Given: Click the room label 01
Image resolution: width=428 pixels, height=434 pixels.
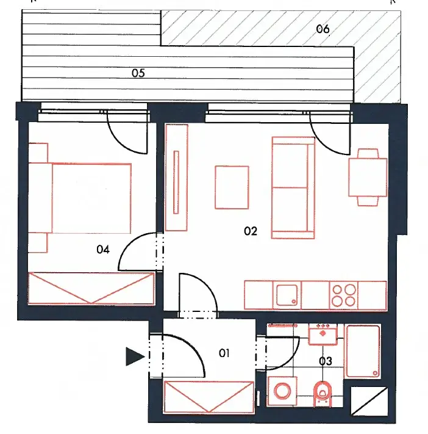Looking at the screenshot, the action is [x=224, y=353].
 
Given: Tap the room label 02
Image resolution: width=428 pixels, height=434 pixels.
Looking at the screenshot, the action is [x=251, y=231].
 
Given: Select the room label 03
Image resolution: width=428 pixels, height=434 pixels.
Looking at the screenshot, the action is [x=326, y=361].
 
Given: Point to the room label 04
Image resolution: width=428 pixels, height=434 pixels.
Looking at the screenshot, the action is [x=103, y=250].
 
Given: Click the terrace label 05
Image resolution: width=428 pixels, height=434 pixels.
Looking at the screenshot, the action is [x=138, y=73].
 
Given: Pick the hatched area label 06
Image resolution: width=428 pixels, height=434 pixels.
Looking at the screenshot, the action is [x=323, y=29].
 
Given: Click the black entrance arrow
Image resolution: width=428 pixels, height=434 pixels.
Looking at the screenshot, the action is [x=135, y=356].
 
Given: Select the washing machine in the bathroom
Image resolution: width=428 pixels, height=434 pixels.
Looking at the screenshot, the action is [x=282, y=391].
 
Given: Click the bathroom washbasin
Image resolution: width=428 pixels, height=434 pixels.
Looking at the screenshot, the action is [x=323, y=335].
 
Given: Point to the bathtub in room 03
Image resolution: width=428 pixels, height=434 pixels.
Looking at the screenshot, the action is [x=363, y=352].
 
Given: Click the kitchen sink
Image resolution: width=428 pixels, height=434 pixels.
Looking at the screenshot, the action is [x=287, y=295].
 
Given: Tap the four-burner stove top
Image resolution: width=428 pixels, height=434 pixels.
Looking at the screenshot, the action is [x=344, y=295].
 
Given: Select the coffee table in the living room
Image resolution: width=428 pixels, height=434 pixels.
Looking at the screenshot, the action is [x=232, y=187].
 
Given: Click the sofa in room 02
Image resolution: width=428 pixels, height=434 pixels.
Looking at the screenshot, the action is [x=293, y=187].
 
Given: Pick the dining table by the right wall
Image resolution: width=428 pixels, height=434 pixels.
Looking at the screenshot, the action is [x=368, y=177].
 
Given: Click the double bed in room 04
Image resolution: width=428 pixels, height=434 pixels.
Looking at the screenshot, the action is [x=80, y=198].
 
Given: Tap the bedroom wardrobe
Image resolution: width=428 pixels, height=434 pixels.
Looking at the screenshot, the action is [x=91, y=288].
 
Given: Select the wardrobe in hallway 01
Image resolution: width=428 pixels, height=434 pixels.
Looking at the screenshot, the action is [x=209, y=397].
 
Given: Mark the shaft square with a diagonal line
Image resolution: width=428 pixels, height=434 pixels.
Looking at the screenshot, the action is [x=369, y=401].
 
